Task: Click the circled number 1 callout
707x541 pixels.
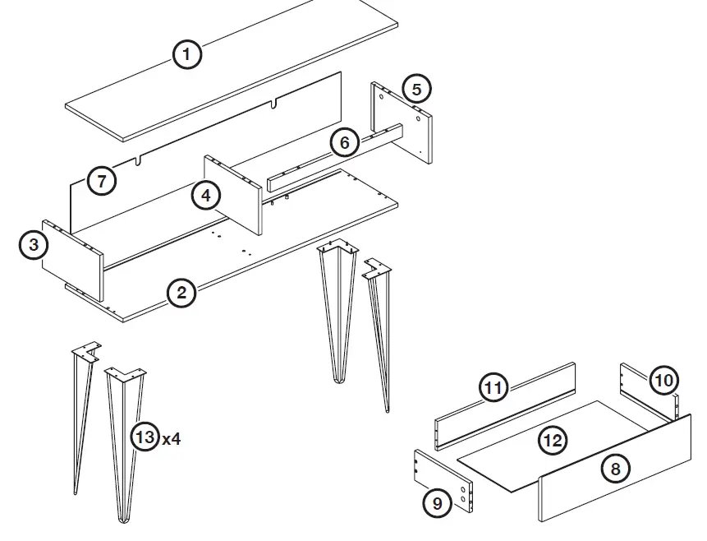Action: [x=187, y=55]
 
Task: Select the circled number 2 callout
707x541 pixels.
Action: [x=181, y=293]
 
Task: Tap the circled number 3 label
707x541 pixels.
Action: [x=34, y=245]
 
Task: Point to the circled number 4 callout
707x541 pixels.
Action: [x=206, y=196]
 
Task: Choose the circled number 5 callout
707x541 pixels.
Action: [x=416, y=88]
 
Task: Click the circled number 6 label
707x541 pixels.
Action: [x=344, y=143]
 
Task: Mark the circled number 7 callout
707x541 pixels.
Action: [x=101, y=181]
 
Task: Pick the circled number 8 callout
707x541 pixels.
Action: [x=615, y=469]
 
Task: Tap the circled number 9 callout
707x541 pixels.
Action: [x=437, y=502]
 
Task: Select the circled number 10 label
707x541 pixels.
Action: [x=663, y=380]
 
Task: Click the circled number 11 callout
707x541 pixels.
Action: [x=493, y=388]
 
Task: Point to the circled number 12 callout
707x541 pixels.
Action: [x=553, y=440]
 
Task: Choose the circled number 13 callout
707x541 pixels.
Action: [x=145, y=437]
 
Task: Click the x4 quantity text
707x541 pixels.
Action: [x=171, y=438]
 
